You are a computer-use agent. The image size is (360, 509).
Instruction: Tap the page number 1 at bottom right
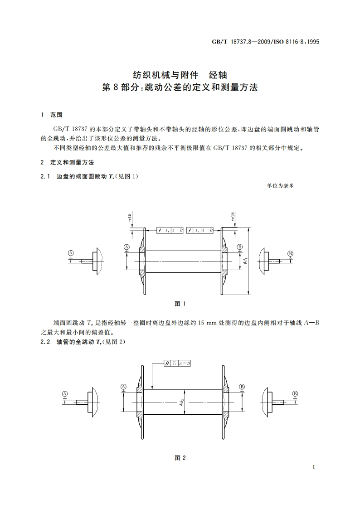click(314, 467)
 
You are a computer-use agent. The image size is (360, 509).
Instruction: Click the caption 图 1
click(180, 304)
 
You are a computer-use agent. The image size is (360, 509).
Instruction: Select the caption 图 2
click(180, 457)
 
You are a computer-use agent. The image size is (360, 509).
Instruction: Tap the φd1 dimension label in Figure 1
click(245, 261)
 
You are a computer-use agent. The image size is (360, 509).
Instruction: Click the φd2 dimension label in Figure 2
click(180, 401)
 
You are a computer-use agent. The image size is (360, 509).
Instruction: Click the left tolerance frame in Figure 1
click(170, 230)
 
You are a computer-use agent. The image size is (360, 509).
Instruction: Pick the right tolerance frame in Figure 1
click(200, 230)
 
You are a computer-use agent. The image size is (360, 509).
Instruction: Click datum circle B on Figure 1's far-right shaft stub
click(290, 253)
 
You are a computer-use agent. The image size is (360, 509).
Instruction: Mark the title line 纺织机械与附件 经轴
click(180, 74)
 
